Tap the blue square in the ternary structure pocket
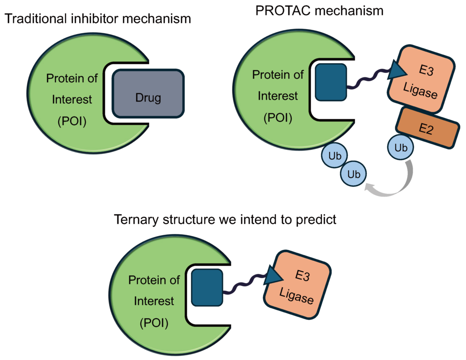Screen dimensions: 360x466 207,287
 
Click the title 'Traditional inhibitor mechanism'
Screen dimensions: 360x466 97,19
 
